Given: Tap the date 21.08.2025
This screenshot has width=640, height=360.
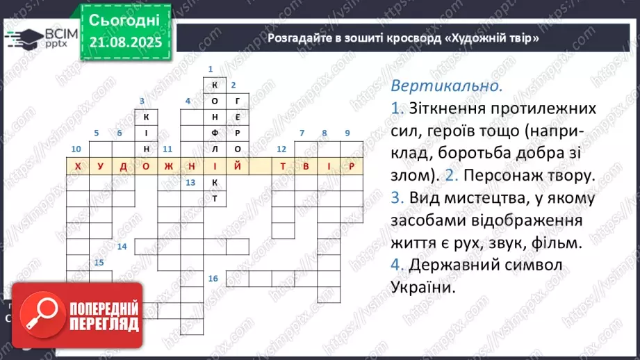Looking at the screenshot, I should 125,43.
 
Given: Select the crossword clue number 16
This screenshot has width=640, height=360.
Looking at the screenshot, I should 213,278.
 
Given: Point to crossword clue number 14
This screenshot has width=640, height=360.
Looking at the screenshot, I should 122,247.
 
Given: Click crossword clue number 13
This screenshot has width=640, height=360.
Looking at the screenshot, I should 190,183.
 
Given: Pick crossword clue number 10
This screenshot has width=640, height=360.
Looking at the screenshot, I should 76,149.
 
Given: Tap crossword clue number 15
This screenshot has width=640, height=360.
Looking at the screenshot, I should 99,262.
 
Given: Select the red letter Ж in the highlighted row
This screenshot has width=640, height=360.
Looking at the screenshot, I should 169,167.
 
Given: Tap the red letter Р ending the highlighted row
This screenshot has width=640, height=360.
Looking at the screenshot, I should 352,167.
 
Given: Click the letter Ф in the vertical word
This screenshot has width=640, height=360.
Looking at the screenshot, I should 215,133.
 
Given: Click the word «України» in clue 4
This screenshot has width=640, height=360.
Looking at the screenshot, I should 423,286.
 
